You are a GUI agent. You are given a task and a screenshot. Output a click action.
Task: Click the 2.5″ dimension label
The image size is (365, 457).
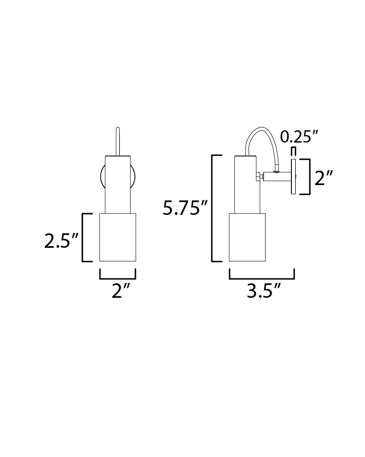[61, 241]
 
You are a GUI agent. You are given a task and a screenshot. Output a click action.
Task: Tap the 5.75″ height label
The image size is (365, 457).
[185, 208]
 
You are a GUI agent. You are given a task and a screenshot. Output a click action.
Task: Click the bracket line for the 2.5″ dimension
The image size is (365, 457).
[83, 238]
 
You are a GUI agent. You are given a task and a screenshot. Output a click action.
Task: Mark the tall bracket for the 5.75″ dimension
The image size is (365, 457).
[212, 208]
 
